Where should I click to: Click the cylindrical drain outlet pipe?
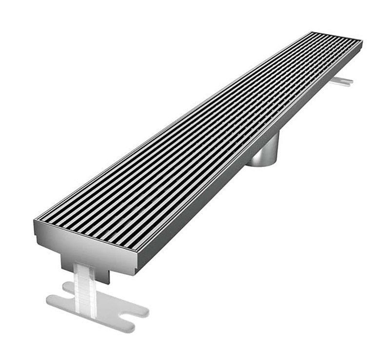[266, 152]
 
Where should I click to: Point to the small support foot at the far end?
[341, 81]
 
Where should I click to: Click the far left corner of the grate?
[311, 33]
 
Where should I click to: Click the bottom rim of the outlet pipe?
[262, 164]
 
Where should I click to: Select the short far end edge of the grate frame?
[336, 36]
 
